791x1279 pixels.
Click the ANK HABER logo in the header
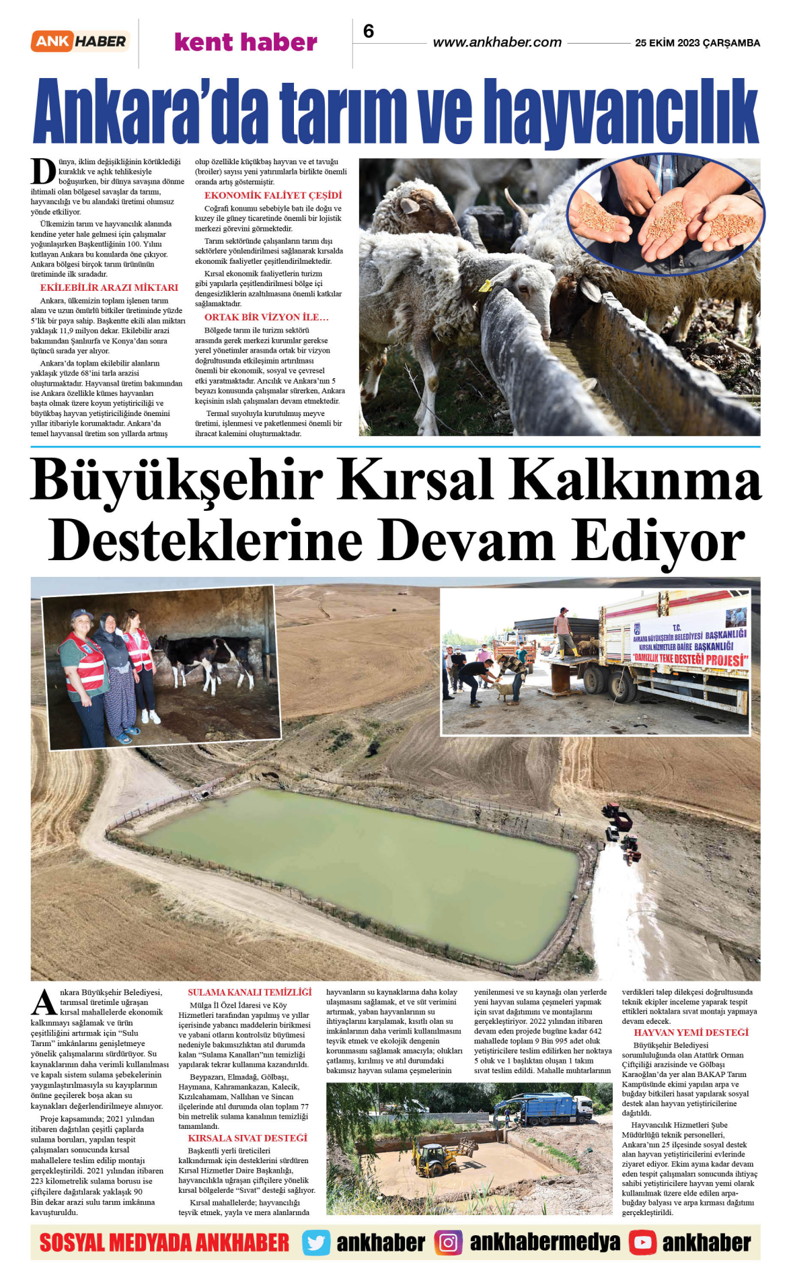(x=79, y=42)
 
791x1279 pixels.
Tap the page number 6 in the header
(x=369, y=32)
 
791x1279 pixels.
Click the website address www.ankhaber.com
(x=497, y=42)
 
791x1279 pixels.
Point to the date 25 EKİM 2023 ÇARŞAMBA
(x=698, y=43)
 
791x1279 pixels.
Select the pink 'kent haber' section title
(x=246, y=42)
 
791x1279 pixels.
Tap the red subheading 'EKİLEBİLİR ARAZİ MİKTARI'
(x=109, y=287)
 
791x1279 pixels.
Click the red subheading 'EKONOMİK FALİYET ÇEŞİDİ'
(x=273, y=195)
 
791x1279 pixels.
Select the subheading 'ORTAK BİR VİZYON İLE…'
(x=266, y=317)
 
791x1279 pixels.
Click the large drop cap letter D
(x=44, y=172)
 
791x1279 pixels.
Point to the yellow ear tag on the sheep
(x=485, y=285)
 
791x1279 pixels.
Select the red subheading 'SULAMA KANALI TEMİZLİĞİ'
(x=250, y=992)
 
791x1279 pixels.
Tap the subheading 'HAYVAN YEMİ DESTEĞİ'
(x=691, y=1033)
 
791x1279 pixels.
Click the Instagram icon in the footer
(x=448, y=1243)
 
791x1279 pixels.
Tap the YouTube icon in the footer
(x=642, y=1243)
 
